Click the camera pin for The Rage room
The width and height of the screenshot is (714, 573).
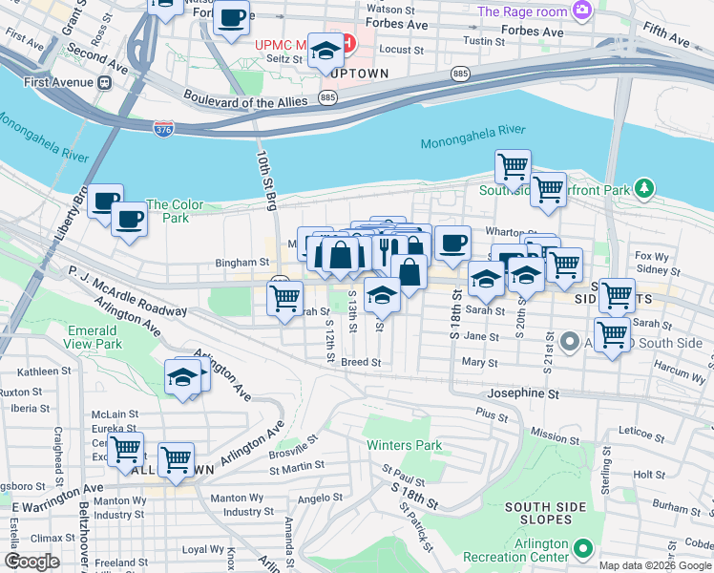click(582, 11)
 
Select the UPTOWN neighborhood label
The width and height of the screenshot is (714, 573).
click(355, 73)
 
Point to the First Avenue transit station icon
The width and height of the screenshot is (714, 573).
click(104, 82)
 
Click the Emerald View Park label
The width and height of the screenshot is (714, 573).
click(94, 337)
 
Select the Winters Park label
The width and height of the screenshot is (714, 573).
click(405, 445)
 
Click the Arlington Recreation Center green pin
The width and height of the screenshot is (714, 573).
click(581, 549)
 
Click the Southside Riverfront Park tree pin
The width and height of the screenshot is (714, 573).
click(645, 188)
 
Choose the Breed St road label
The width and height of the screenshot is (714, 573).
click(361, 363)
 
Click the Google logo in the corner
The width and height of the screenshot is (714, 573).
click(31, 562)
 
